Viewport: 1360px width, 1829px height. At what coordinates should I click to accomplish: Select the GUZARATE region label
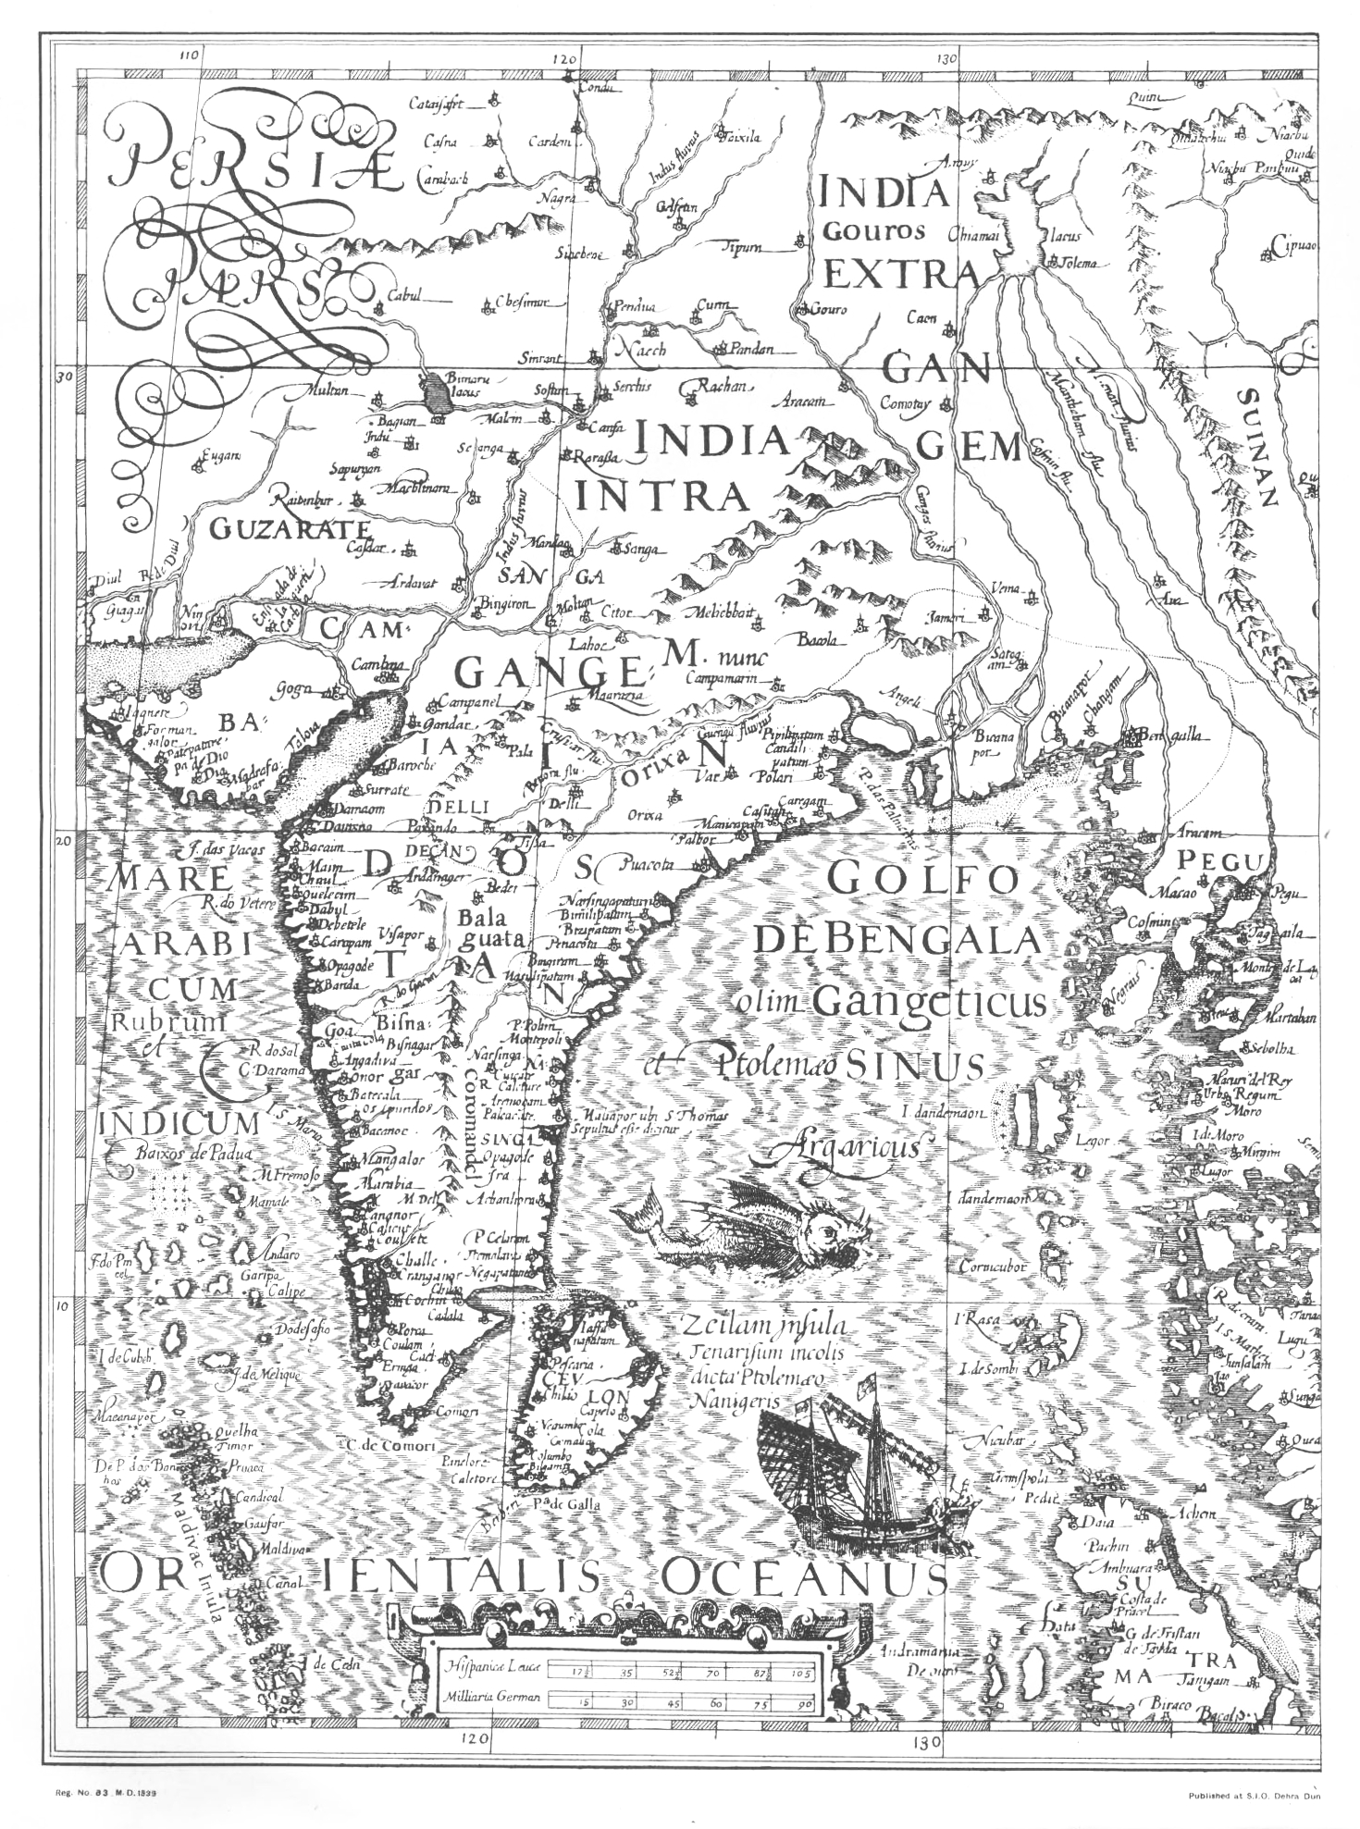point(290,529)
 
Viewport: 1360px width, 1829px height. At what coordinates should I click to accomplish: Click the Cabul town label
point(404,296)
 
